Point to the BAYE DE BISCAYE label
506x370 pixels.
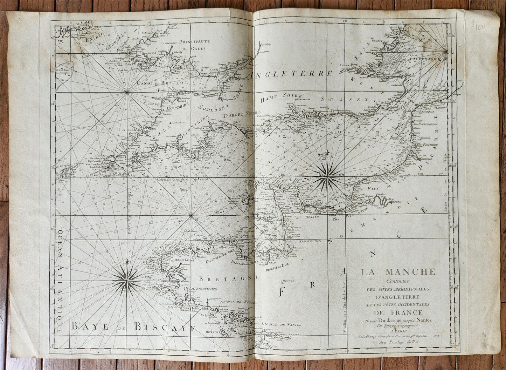click(x=133, y=327)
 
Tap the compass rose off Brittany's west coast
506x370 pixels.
click(x=126, y=279)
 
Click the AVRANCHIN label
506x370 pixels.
click(x=311, y=241)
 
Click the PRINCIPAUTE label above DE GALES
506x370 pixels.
click(x=197, y=41)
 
